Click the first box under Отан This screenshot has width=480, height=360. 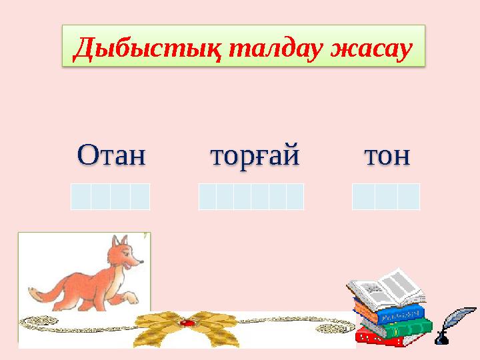(x=81, y=197)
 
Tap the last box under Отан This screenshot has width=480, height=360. (x=140, y=197)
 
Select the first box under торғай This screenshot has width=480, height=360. (x=207, y=197)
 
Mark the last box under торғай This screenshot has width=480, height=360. (x=295, y=197)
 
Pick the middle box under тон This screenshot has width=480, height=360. (x=386, y=197)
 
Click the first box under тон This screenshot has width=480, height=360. (x=363, y=197)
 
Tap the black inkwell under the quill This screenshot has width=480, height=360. (x=441, y=339)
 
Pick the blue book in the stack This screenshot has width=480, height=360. (x=390, y=312)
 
